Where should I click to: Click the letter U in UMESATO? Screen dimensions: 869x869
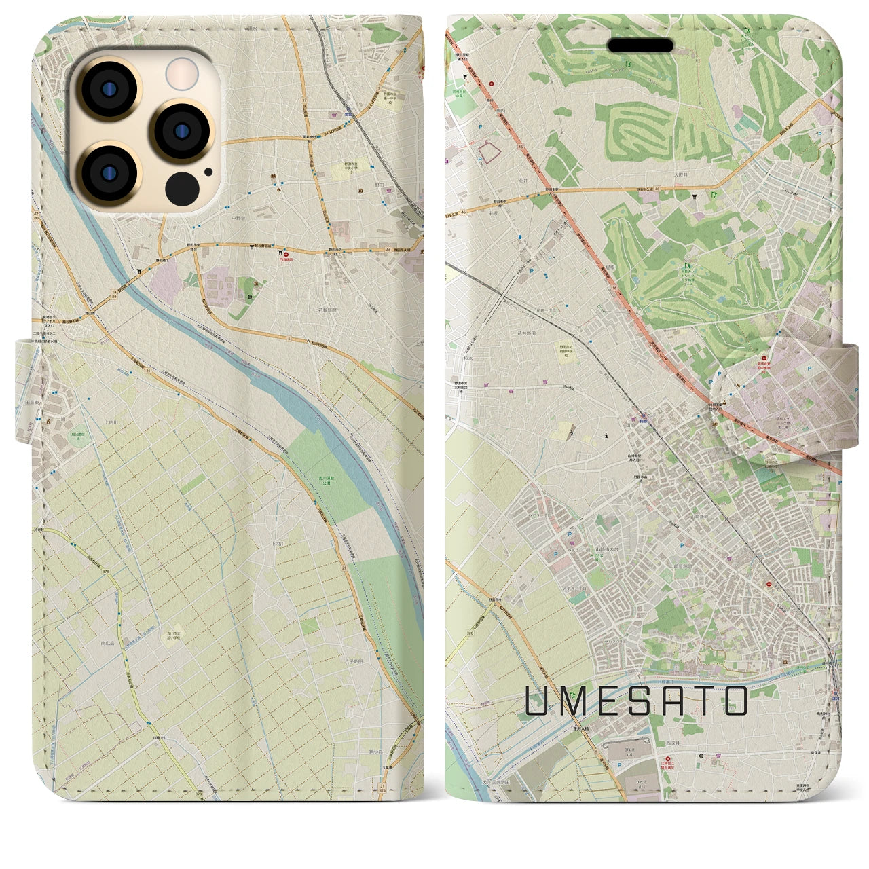537,701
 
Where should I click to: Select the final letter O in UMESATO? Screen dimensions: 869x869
736,701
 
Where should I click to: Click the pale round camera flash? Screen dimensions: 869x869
181,73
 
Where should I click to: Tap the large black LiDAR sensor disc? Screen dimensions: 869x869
181,185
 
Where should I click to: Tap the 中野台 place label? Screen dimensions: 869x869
238,218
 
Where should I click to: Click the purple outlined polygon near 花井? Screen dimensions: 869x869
492,153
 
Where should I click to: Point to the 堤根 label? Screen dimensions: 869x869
609,259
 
